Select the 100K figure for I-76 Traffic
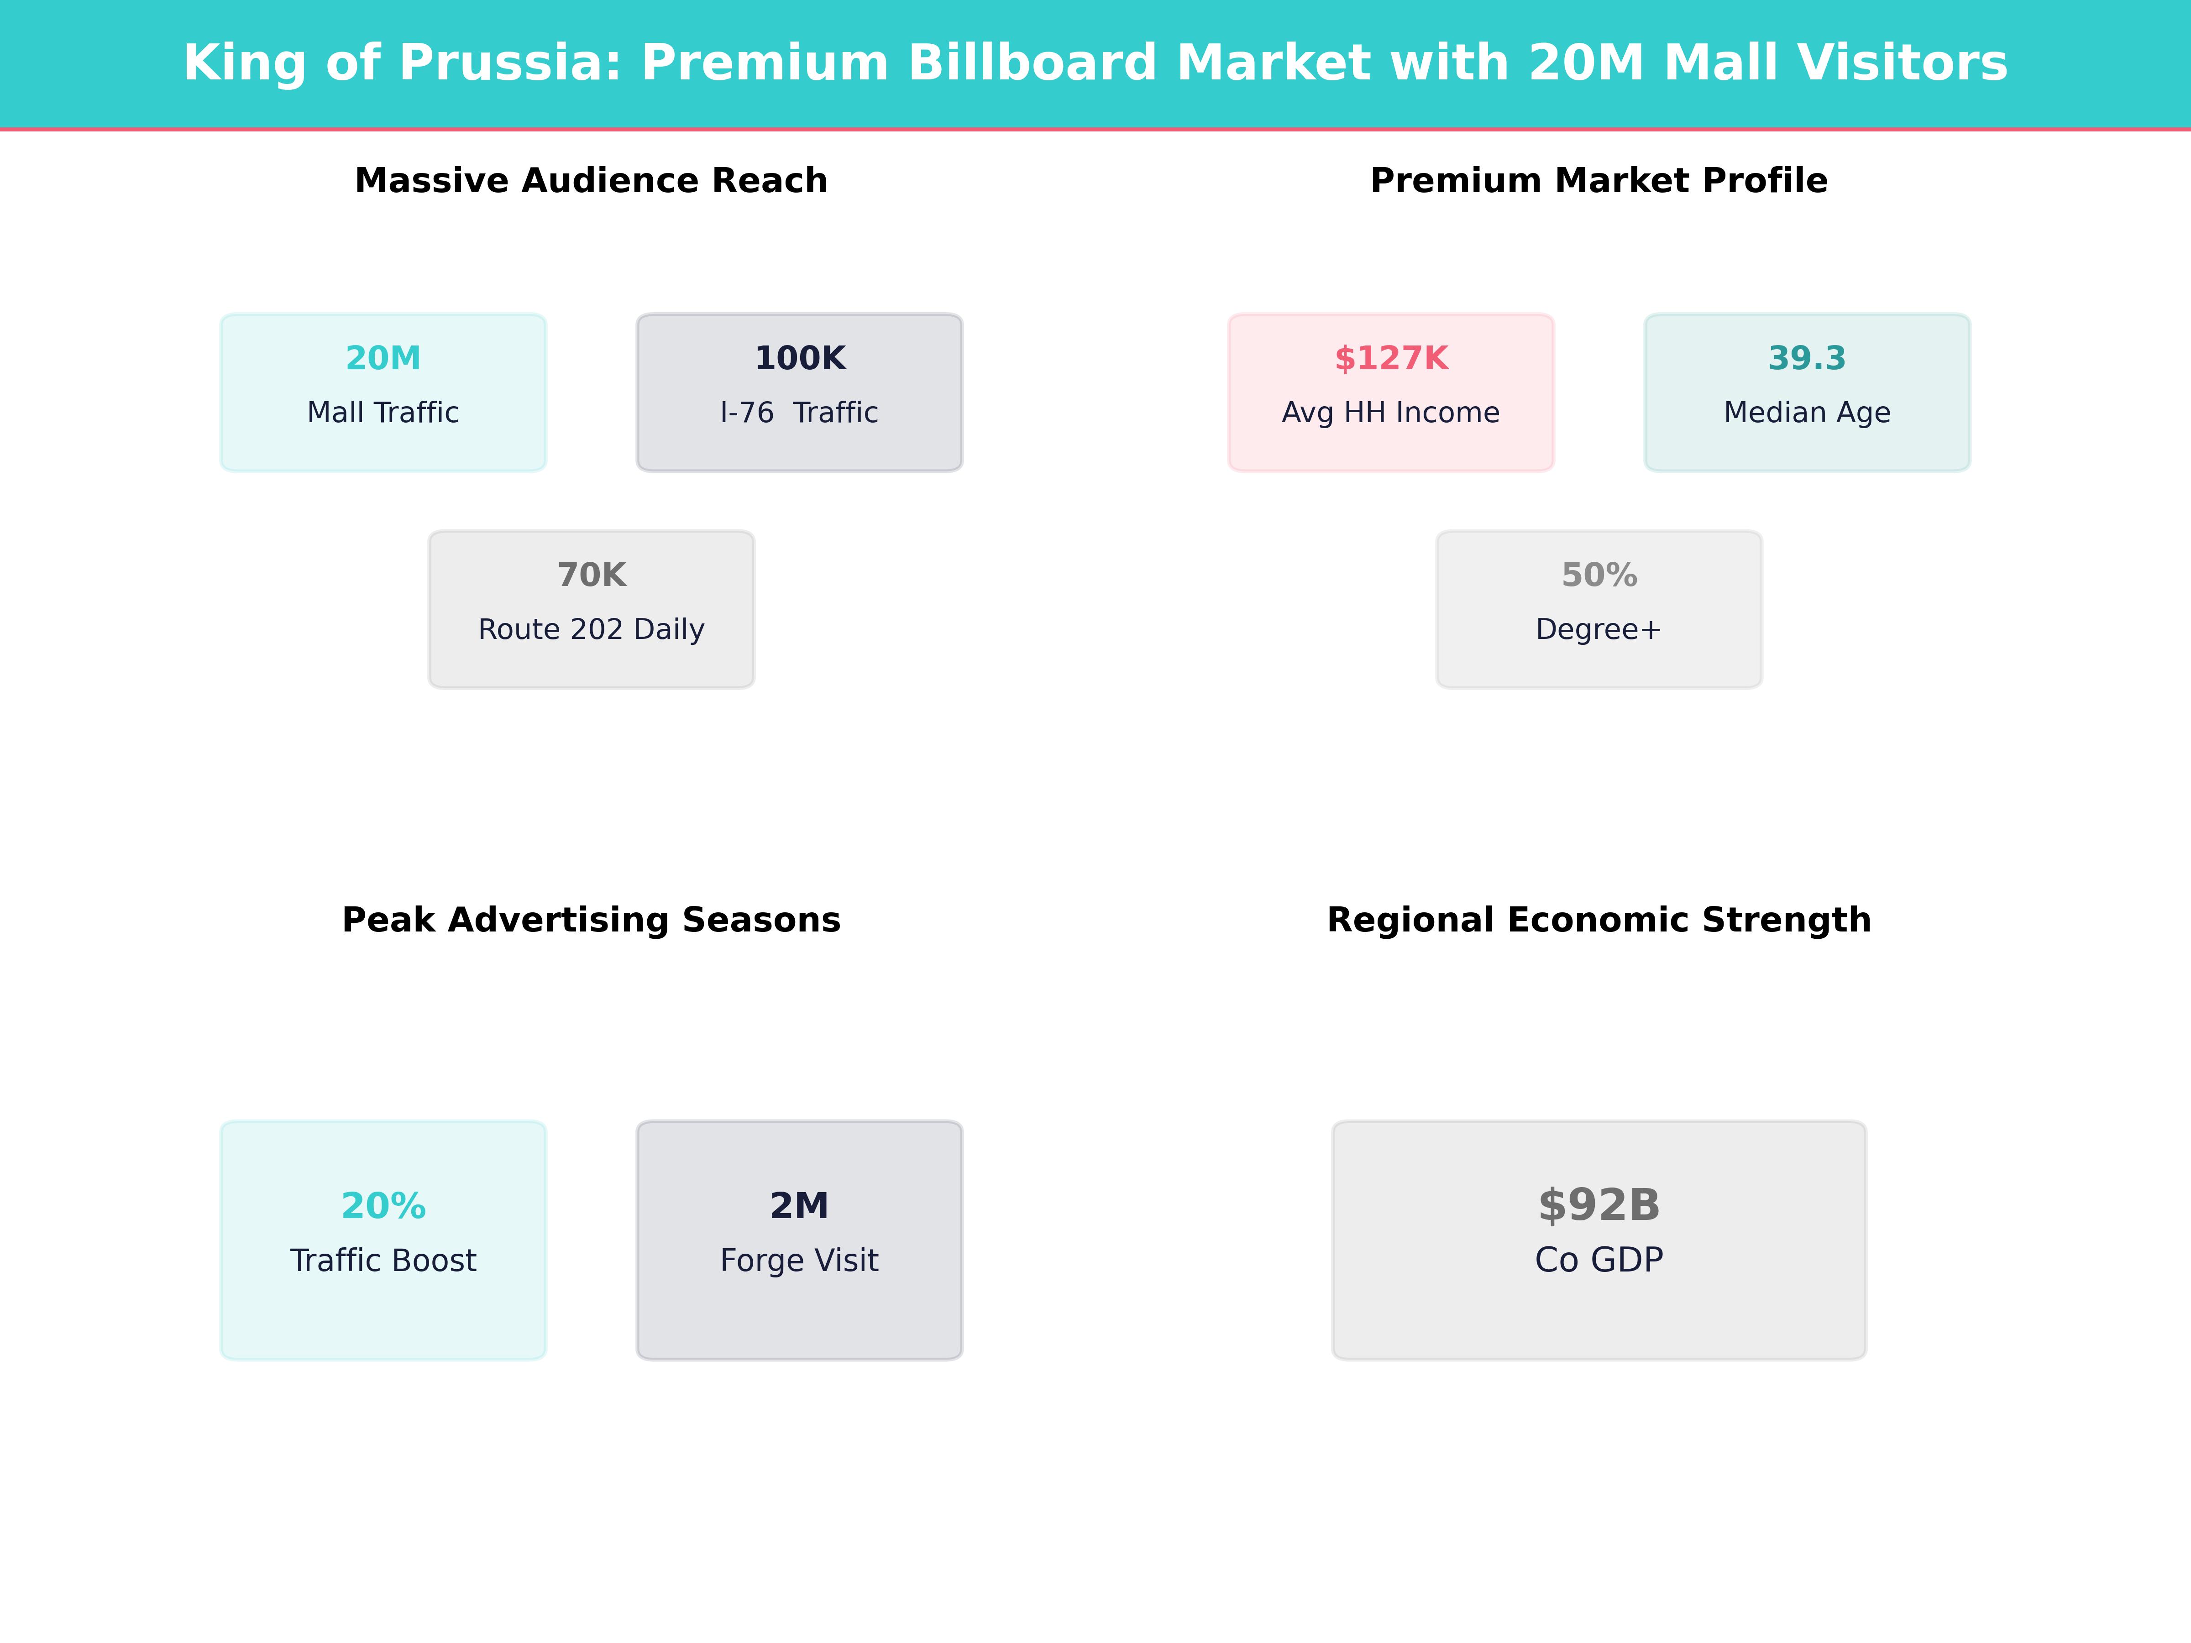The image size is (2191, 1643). pyautogui.click(x=799, y=359)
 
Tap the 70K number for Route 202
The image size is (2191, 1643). pyautogui.click(x=591, y=576)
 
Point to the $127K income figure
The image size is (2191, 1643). pyautogui.click(x=1391, y=359)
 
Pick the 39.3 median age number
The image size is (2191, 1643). pyautogui.click(x=1807, y=359)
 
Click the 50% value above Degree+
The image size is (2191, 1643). pyautogui.click(x=1599, y=576)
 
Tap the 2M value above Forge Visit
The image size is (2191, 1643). pyautogui.click(x=799, y=1206)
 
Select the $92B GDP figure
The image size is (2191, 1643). pyautogui.click(x=1599, y=1205)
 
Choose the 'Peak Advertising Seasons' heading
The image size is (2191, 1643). pyautogui.click(x=591, y=920)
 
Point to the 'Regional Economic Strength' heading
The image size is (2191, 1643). pyautogui.click(x=1599, y=920)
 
